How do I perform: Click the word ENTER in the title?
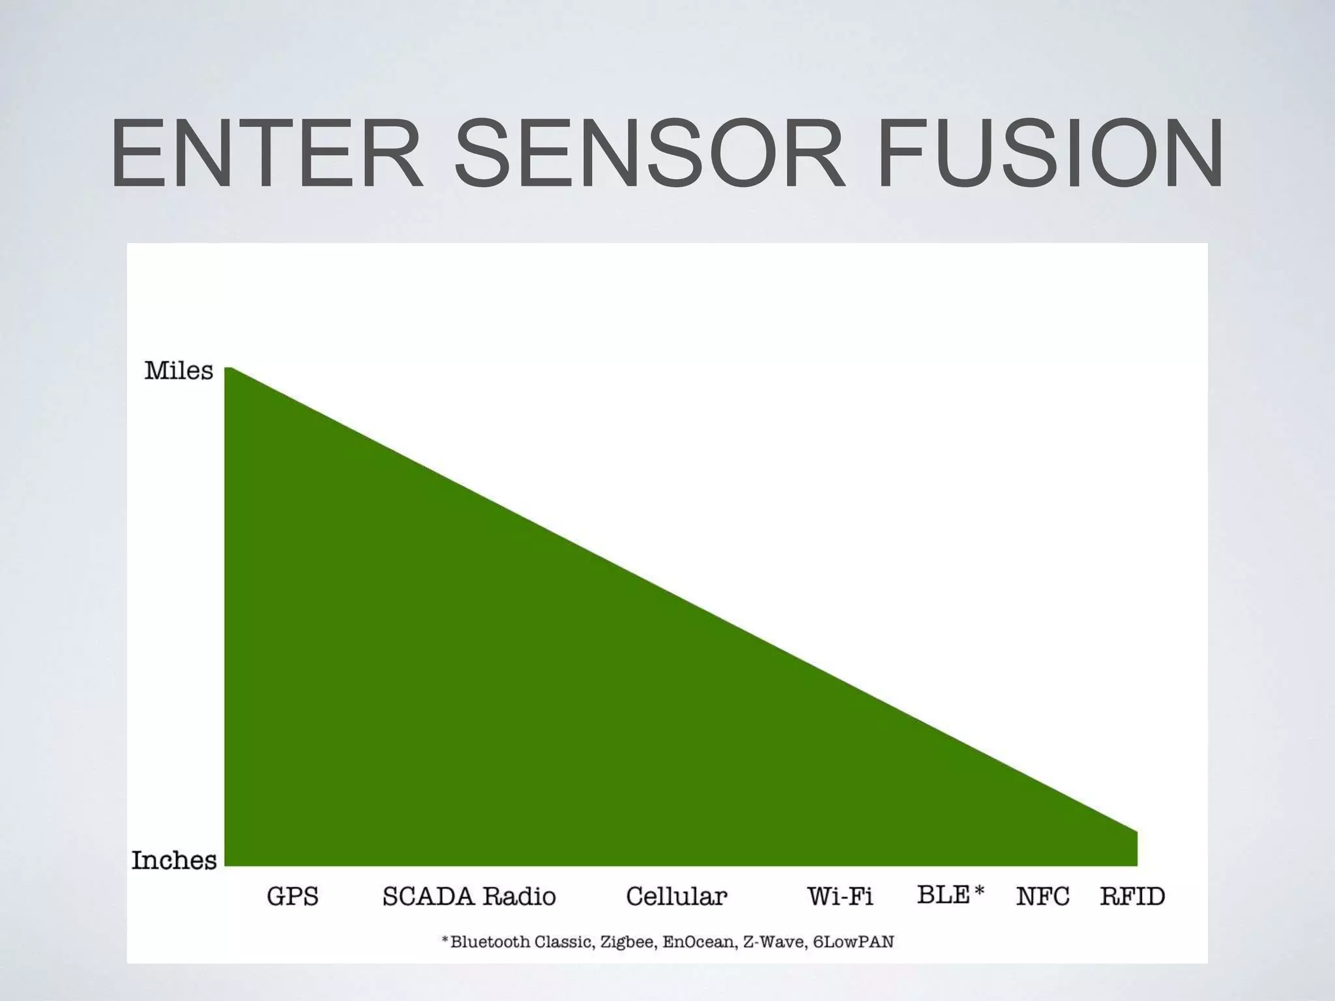click(267, 154)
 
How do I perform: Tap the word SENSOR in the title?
click(649, 154)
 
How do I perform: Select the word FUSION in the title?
click(1049, 154)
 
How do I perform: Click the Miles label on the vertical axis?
click(179, 371)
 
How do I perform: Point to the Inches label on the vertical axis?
click(174, 860)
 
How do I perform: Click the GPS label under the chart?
click(293, 897)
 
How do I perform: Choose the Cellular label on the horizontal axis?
click(677, 897)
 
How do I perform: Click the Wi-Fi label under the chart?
click(840, 897)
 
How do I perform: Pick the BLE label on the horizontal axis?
click(943, 895)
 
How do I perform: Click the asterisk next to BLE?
click(979, 890)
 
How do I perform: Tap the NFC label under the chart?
click(1042, 897)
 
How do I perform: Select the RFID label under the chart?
click(1132, 897)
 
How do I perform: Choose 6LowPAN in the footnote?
click(853, 942)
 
